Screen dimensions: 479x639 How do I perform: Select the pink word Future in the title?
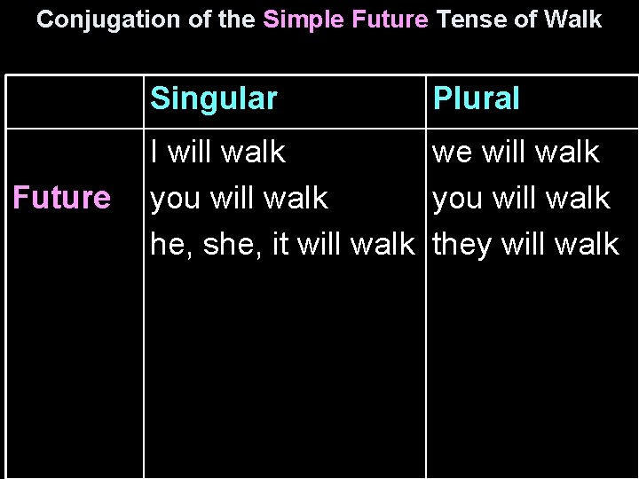(390, 19)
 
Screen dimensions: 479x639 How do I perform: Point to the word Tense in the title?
(471, 19)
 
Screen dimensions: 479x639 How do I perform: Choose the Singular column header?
(214, 98)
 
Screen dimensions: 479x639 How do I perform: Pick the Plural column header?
(476, 98)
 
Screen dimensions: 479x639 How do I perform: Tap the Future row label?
(61, 198)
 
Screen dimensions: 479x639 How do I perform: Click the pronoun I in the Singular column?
(155, 153)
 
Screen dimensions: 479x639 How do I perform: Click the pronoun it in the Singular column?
(280, 243)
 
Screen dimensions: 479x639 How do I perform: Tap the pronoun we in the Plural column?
(451, 153)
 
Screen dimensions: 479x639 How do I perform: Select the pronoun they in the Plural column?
(462, 243)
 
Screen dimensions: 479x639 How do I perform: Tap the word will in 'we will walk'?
(504, 153)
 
